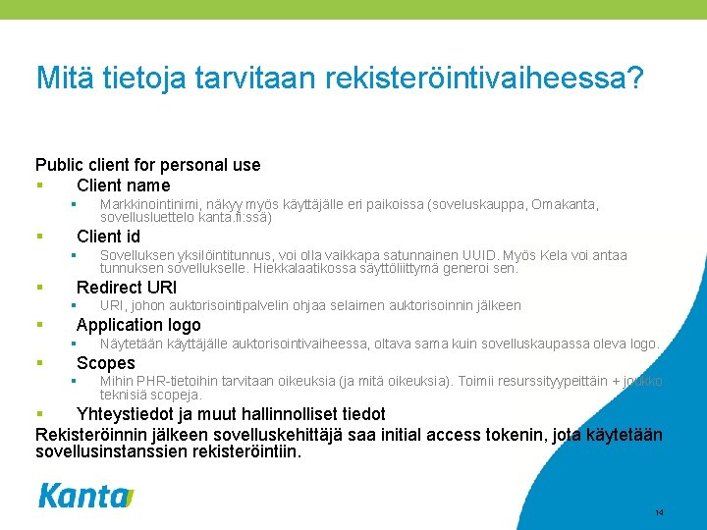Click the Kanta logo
[x=85, y=496]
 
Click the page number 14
[x=659, y=513]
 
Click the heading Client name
[x=123, y=185]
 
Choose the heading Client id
[x=108, y=237]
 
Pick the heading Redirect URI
[x=127, y=288]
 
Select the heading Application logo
[x=138, y=325]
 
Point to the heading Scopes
[x=106, y=363]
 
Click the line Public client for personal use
[x=147, y=165]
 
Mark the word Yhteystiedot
[x=132, y=414]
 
